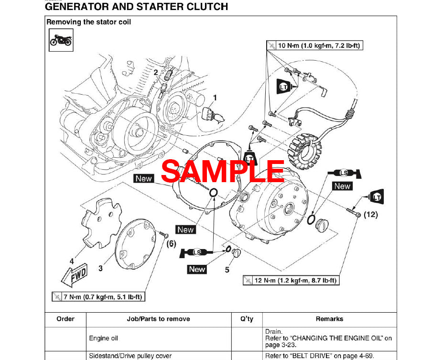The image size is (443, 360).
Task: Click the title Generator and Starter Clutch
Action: pyautogui.click(x=136, y=7)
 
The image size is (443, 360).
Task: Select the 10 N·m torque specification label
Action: pyautogui.click(x=314, y=46)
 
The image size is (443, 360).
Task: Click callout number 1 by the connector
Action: pyautogui.click(x=215, y=98)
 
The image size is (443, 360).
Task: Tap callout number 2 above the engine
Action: pyautogui.click(x=156, y=73)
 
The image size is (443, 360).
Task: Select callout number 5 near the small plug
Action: pyautogui.click(x=227, y=270)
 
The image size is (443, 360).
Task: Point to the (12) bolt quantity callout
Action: pyautogui.click(x=370, y=215)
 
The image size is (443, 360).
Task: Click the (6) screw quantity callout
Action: pyautogui.click(x=171, y=243)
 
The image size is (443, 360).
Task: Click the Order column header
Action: pyautogui.click(x=65, y=319)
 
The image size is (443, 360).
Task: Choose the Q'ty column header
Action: pyautogui.click(x=247, y=319)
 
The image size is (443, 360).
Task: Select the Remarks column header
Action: pyautogui.click(x=329, y=319)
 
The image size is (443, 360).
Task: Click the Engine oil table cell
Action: pyautogui.click(x=103, y=338)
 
